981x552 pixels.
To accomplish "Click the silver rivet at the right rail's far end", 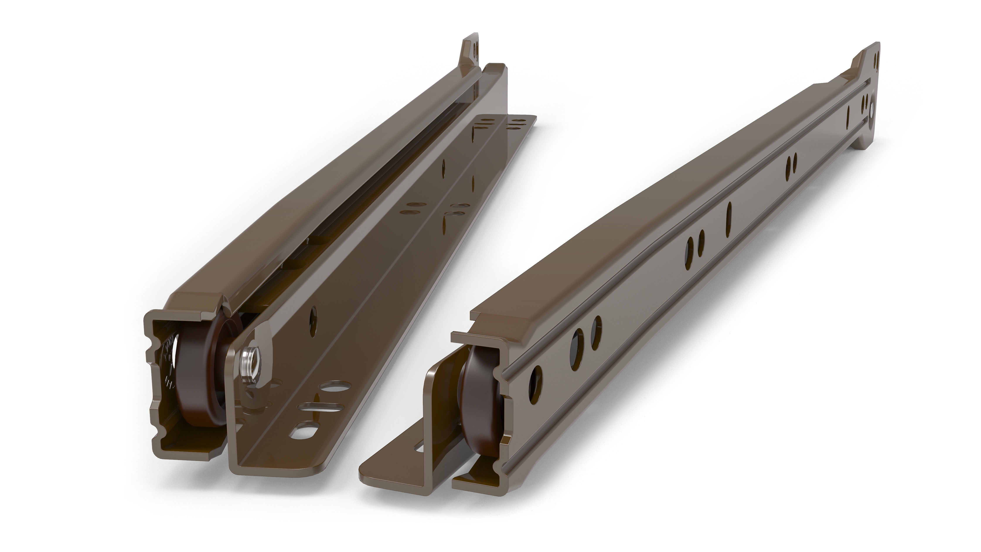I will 872,111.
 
